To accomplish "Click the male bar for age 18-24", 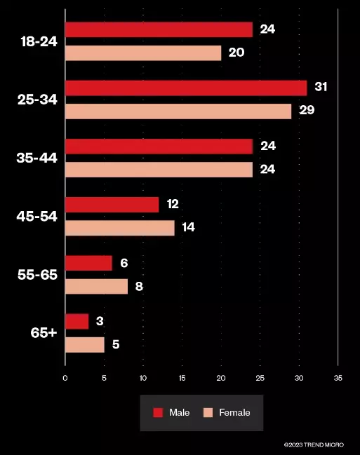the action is [159, 29].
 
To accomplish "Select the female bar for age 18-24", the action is [143, 53].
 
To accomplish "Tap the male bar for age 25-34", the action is [186, 88].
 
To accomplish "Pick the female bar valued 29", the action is [178, 111].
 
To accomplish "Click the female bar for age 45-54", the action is [120, 228].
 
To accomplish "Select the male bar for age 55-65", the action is [88, 263].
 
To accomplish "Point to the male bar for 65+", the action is [77, 322].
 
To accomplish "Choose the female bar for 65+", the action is [85, 345].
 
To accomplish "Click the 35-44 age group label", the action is [37, 158].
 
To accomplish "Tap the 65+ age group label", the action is [44, 333].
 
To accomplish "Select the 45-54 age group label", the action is [37, 217].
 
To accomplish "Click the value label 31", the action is [321, 87].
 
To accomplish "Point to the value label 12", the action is [173, 204].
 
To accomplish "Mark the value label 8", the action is [139, 287].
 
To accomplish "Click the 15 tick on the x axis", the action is [182, 378].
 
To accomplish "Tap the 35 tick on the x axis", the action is [338, 378].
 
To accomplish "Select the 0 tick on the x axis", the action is [65, 378].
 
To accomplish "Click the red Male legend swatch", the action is [158, 413].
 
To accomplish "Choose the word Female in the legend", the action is [234, 413].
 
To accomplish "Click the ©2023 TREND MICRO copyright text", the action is [314, 444].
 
